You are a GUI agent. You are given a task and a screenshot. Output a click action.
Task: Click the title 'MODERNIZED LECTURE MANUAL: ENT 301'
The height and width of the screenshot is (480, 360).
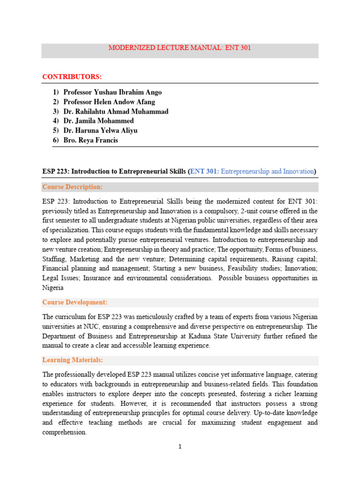point(180,48)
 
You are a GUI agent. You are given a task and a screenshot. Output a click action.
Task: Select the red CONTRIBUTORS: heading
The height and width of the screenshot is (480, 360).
point(72,76)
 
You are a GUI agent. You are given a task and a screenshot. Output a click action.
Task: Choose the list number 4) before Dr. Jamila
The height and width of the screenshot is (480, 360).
point(56,121)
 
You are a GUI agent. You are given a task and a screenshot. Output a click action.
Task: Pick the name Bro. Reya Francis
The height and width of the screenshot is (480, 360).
point(91,140)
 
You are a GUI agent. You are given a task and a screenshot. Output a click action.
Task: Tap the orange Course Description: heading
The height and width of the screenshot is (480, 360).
point(72,187)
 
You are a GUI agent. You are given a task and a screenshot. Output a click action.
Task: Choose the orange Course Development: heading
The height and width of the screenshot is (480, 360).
point(75,302)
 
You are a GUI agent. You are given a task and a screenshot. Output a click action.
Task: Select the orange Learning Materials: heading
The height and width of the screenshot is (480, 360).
point(73,360)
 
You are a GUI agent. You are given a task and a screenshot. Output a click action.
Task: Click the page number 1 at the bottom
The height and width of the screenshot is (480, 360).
point(180,447)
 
